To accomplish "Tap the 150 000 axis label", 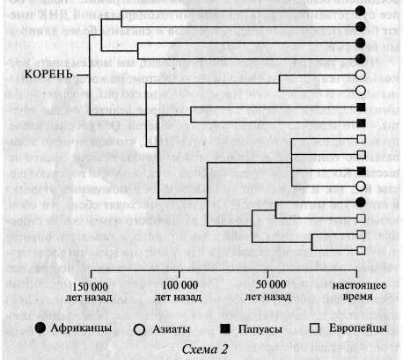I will tap(92, 290).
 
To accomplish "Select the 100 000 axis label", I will tap(180, 290).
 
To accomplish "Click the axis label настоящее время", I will tap(359, 290).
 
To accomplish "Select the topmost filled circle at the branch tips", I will tap(360, 10).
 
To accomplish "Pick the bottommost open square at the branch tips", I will tap(360, 251).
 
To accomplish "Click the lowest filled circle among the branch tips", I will tap(360, 202).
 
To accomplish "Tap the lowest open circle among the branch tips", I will tap(360, 187).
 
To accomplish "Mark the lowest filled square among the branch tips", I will tap(360, 171).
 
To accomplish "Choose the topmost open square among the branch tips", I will tap(360, 139).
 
